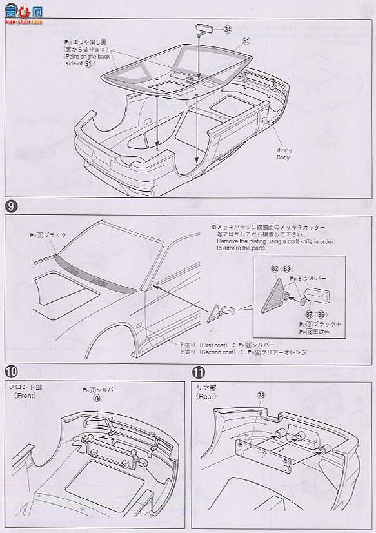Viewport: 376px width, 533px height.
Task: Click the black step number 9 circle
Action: tap(11, 206)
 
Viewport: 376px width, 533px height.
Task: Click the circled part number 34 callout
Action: tap(227, 29)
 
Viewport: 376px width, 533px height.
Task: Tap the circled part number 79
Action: tap(97, 398)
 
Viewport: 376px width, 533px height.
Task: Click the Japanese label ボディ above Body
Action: tap(283, 148)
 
